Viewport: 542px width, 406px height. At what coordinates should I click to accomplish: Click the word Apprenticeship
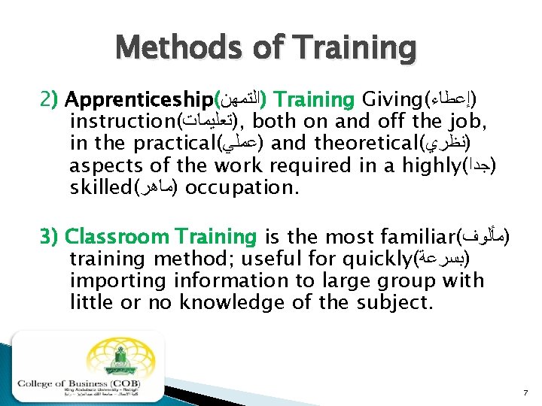139,100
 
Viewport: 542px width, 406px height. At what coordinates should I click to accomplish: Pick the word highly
430,165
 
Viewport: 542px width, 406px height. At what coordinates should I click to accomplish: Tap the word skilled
102,186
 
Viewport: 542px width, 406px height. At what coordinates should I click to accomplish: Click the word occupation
240,186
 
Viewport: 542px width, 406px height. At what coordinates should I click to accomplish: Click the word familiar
398,237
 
